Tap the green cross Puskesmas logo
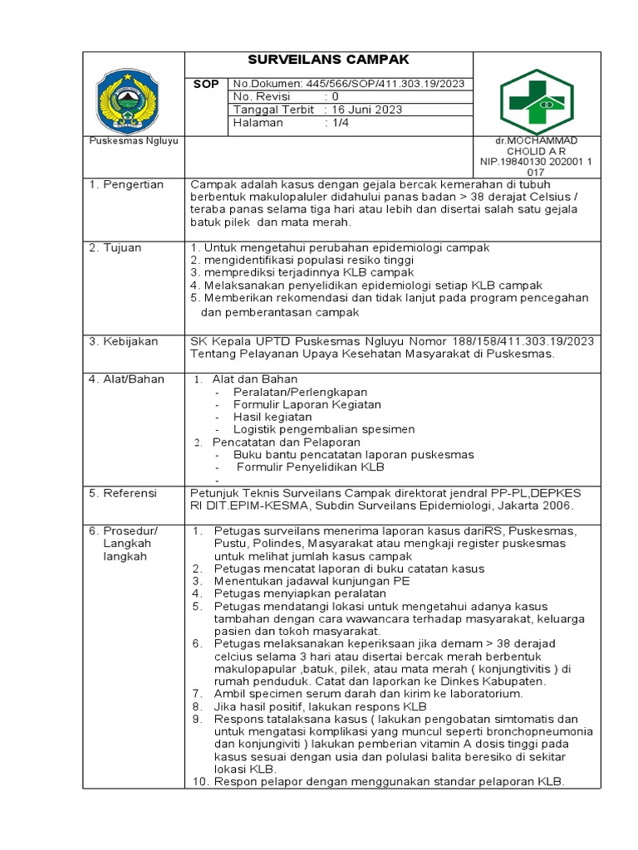pos(537,102)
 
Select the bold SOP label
pos(206,84)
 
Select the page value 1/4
pos(341,123)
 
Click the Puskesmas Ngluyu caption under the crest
pos(127,141)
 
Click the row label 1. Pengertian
pos(126,184)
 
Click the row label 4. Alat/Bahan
pos(126,379)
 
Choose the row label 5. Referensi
pos(123,493)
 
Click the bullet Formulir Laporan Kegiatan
pos(307,404)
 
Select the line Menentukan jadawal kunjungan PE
pos(312,581)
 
